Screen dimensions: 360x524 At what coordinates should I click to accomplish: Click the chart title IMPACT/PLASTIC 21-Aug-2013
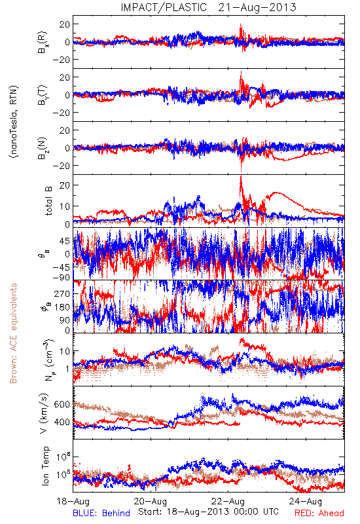(x=208, y=7)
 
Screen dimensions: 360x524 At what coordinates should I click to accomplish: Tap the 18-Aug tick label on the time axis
(x=73, y=502)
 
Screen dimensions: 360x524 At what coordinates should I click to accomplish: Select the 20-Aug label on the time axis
(x=151, y=502)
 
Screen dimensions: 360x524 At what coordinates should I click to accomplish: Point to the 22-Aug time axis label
(x=228, y=502)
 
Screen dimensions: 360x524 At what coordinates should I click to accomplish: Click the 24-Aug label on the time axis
(x=306, y=502)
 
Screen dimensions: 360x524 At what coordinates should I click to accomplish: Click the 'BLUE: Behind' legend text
(x=101, y=514)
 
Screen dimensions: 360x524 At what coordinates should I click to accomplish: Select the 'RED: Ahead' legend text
(x=319, y=514)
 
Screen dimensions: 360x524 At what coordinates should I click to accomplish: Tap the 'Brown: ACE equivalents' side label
(x=13, y=333)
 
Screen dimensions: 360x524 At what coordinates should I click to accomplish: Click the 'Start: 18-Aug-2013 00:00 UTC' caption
(x=208, y=512)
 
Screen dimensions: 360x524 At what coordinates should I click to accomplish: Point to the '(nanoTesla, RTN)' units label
(x=14, y=122)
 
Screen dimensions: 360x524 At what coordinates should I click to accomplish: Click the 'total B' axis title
(x=48, y=201)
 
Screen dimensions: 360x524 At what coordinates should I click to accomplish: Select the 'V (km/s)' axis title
(x=45, y=413)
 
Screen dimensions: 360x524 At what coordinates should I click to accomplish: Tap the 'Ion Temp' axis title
(x=45, y=466)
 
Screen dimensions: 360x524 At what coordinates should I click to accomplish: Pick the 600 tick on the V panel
(x=62, y=404)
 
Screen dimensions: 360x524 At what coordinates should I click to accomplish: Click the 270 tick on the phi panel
(x=62, y=293)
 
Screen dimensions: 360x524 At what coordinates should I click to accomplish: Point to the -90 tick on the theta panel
(x=62, y=278)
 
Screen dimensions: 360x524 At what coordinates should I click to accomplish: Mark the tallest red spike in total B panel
(x=241, y=176)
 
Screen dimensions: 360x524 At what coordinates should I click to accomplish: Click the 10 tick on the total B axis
(x=65, y=206)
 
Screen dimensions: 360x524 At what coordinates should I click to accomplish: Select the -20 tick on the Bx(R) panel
(x=61, y=60)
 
